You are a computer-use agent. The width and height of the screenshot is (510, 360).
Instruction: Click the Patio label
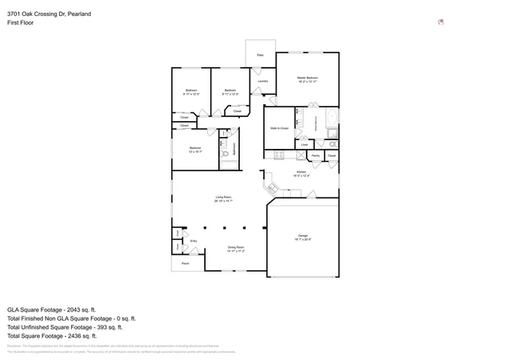(260, 55)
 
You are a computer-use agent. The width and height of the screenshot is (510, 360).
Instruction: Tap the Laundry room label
(262, 81)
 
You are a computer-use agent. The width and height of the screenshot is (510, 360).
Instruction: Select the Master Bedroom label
(308, 77)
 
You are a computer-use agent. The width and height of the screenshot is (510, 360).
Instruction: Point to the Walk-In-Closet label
(279, 127)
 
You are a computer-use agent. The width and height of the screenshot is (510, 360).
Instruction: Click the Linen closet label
(304, 145)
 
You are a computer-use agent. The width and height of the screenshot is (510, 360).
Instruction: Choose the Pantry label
(316, 155)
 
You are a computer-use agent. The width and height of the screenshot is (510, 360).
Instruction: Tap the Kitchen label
(301, 172)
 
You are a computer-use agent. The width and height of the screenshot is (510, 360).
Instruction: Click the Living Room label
(222, 197)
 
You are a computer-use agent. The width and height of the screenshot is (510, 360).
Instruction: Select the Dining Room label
(237, 247)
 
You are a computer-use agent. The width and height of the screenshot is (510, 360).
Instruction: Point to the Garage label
(303, 236)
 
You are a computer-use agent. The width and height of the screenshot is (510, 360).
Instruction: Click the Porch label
(185, 263)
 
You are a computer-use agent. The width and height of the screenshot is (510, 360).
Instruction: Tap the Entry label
(193, 241)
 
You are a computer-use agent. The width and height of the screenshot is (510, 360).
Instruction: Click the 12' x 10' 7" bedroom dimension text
(195, 151)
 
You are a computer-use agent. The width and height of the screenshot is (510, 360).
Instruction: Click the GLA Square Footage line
(51, 309)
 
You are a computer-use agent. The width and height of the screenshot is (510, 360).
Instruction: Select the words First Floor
(20, 24)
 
